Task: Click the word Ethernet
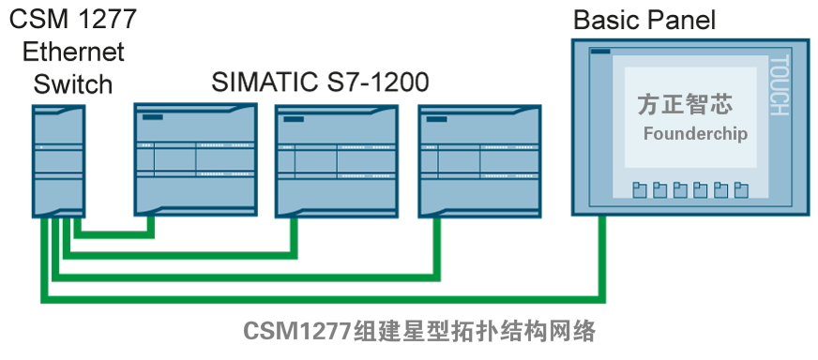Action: pyautogui.click(x=73, y=51)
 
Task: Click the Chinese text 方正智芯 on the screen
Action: pyautogui.click(x=684, y=103)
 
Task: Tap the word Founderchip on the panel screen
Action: pyautogui.click(x=695, y=134)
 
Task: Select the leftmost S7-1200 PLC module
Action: pyautogui.click(x=195, y=158)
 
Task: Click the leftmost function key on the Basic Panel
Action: pyautogui.click(x=639, y=190)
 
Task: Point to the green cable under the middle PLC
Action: pyautogui.click(x=295, y=234)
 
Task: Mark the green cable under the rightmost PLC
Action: pyautogui.click(x=436, y=248)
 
